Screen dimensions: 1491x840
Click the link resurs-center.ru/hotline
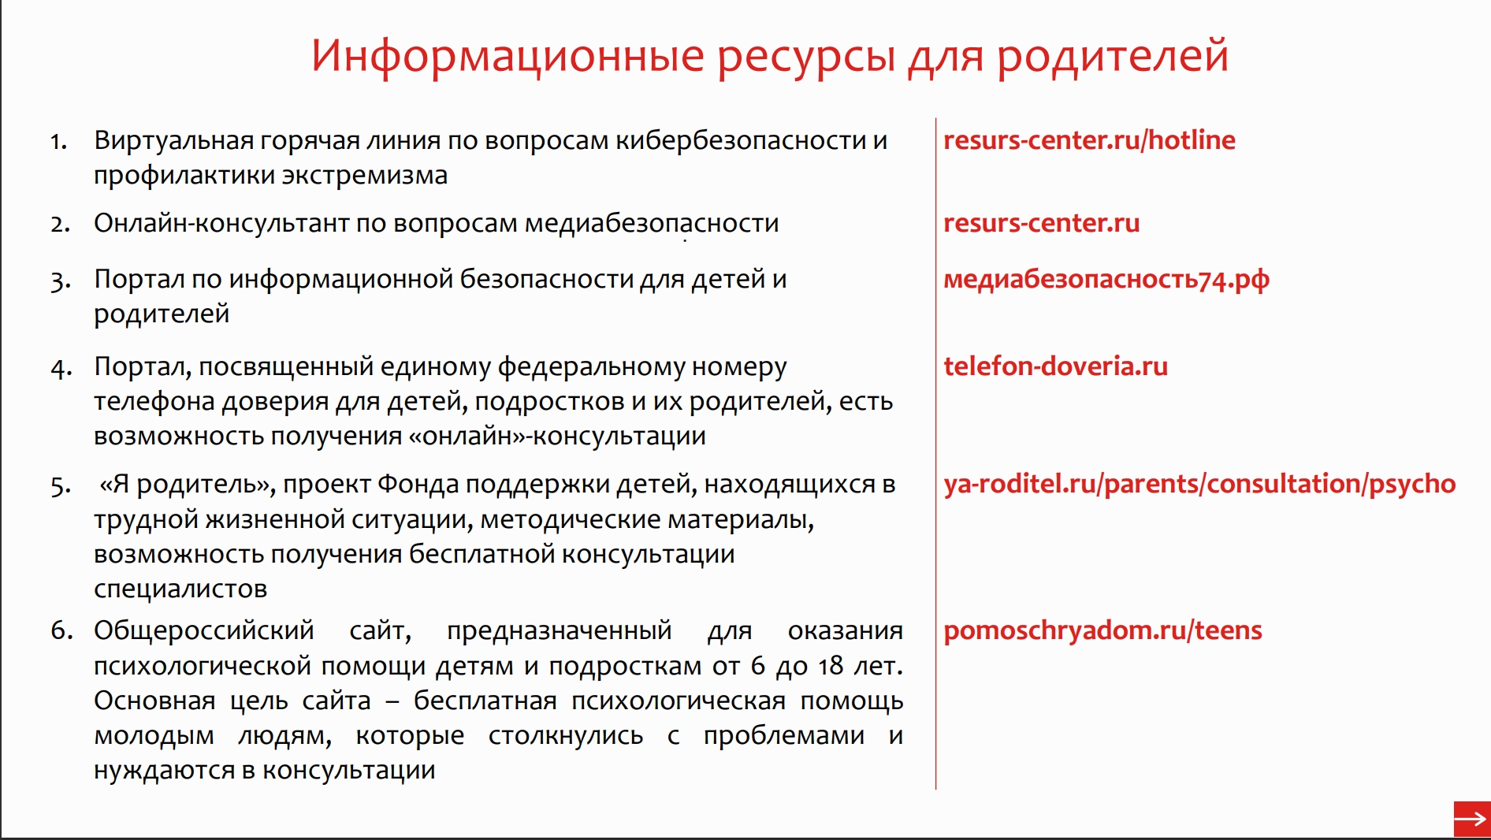[x=1089, y=140]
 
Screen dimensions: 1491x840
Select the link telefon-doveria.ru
[x=1055, y=366]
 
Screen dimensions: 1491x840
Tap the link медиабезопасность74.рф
[x=1106, y=280]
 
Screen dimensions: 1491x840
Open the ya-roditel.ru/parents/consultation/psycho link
[x=1199, y=485]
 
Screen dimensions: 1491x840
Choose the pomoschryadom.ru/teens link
[x=1102, y=631]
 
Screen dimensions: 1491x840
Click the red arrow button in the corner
[x=1471, y=820]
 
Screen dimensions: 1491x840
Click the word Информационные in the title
[x=508, y=57]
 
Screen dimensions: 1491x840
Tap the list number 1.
[x=58, y=142]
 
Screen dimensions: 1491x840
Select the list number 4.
[x=61, y=369]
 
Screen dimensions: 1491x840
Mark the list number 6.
[x=61, y=630]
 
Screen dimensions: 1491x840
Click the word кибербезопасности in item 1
[x=740, y=140]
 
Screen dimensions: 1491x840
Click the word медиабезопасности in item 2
[x=652, y=224]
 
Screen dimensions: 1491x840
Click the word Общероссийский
[x=203, y=630]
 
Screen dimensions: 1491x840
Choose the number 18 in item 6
[x=831, y=666]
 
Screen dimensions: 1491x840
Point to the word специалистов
[x=180, y=589]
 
